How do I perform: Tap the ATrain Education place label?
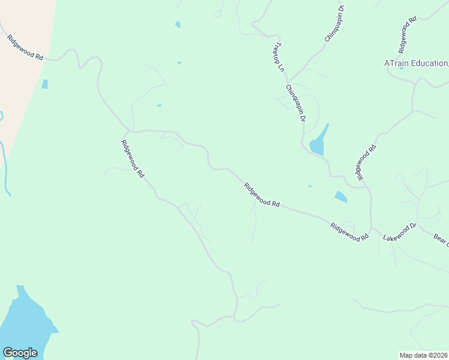point(416,63)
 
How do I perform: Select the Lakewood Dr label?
point(400,232)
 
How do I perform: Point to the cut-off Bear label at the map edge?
point(441,239)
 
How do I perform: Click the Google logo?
point(20,353)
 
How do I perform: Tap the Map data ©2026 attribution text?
point(424,355)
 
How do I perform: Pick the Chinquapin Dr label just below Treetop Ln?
point(296,103)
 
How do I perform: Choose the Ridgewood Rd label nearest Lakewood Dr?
point(349,232)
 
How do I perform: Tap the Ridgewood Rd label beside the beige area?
point(25,48)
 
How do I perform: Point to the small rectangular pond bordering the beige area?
point(45,84)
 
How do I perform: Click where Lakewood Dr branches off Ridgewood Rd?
point(372,228)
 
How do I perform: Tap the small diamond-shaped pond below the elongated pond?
point(340,196)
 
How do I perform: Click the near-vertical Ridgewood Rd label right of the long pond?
point(367,162)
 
